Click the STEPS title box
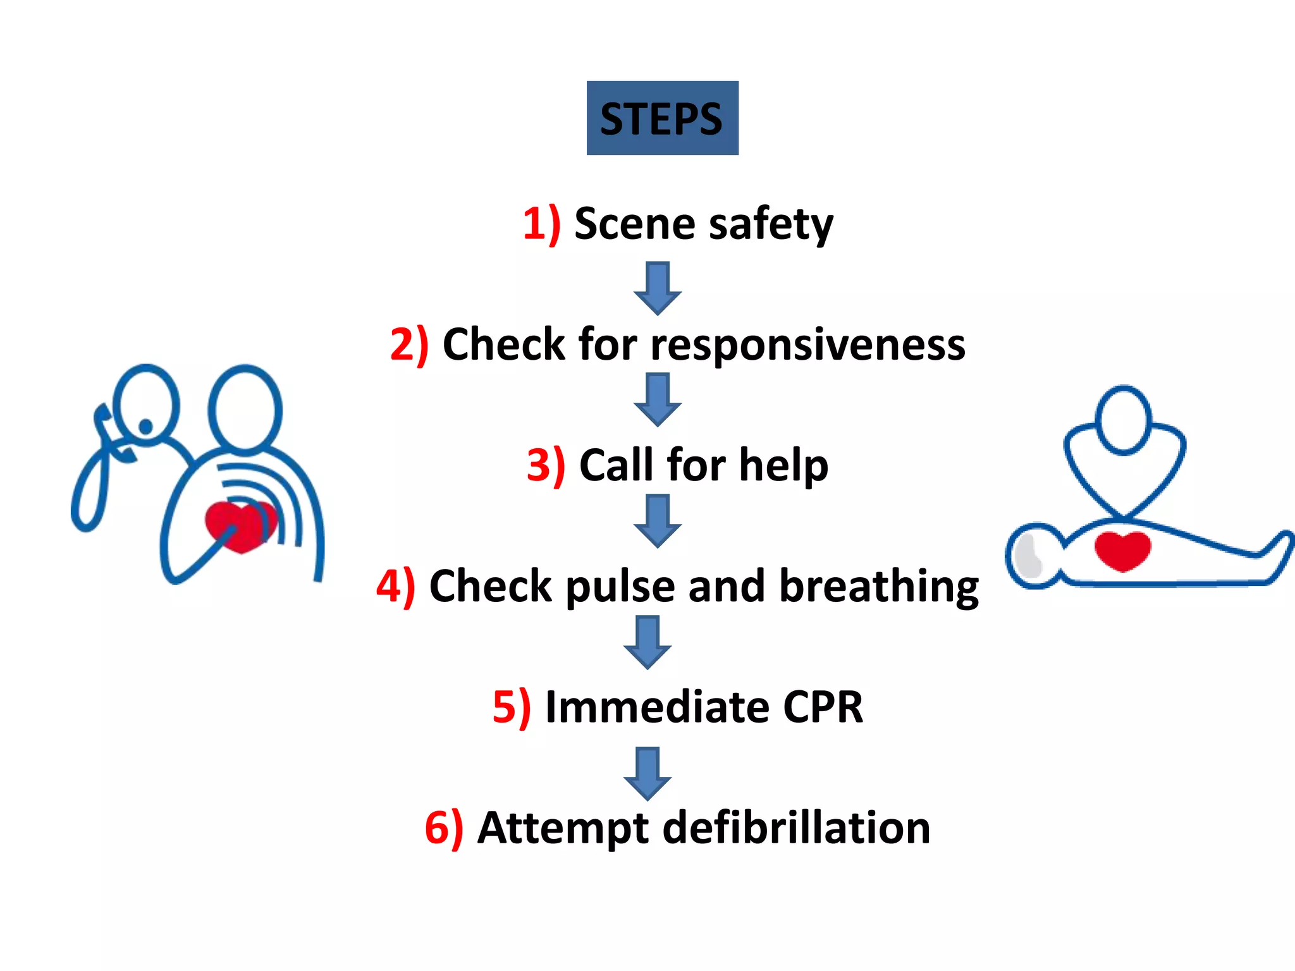click(662, 118)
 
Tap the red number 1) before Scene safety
click(541, 224)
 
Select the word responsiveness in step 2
click(807, 345)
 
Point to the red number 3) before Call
click(546, 466)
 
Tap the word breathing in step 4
click(879, 587)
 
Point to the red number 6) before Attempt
click(444, 827)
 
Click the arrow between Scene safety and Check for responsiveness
click(658, 288)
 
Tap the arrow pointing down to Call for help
click(658, 400)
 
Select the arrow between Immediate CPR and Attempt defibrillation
click(647, 773)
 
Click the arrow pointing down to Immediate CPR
click(647, 642)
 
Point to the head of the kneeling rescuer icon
click(1124, 418)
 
